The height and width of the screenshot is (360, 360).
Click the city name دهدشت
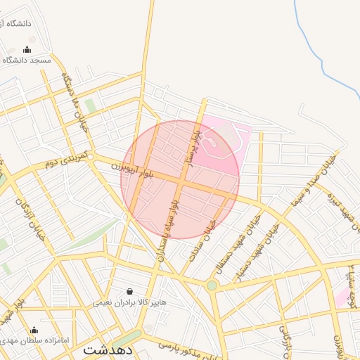pos(107,349)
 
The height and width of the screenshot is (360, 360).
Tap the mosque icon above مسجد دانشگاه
pos(27,50)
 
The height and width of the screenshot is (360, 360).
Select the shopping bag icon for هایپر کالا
pos(129,291)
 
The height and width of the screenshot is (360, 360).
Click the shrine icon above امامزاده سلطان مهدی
pos(34,330)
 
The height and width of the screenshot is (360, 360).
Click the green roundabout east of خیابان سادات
pos(212,285)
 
